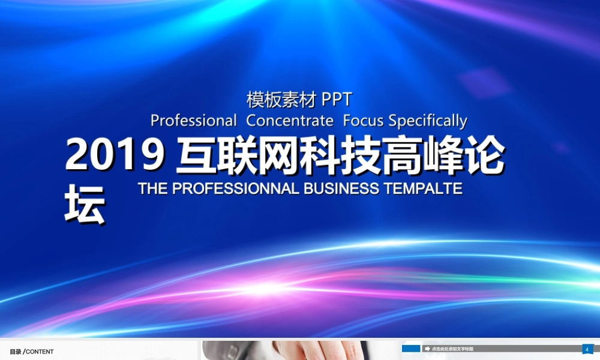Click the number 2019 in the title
click(115, 155)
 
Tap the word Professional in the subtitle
click(193, 121)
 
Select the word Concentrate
click(290, 121)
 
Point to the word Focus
click(363, 121)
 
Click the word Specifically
click(428, 121)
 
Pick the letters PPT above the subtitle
click(337, 99)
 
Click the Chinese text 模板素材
click(281, 99)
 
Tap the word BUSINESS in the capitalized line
click(341, 188)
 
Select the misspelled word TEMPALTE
click(423, 188)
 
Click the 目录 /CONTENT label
click(32, 352)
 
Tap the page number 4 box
click(587, 349)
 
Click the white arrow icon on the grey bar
click(427, 349)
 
